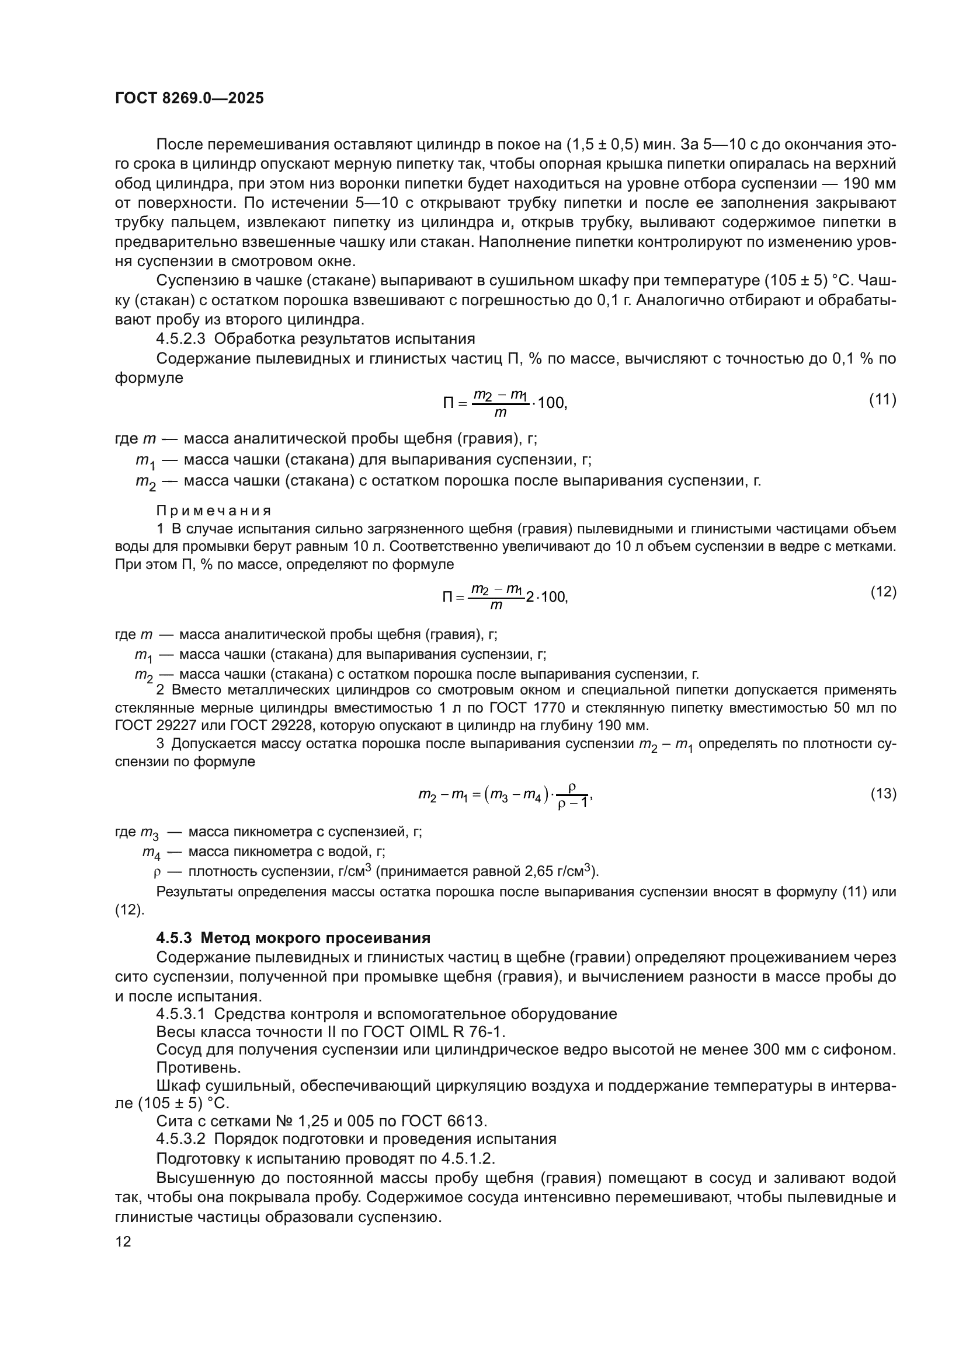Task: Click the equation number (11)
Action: (x=882, y=400)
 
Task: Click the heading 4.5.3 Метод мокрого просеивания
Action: (x=293, y=938)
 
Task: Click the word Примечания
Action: (x=214, y=511)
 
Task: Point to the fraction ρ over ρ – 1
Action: (x=573, y=795)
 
